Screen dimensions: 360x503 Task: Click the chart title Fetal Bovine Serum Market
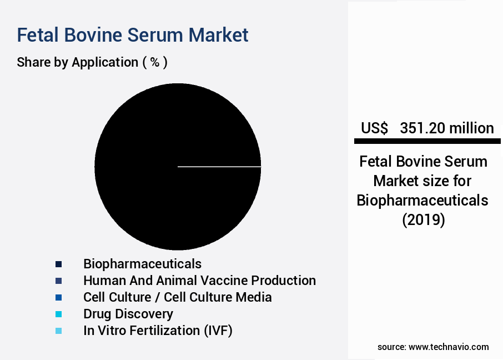point(133,35)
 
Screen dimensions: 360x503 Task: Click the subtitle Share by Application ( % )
point(92,62)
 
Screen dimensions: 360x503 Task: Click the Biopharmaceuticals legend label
point(142,263)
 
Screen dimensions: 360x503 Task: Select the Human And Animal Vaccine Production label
point(199,281)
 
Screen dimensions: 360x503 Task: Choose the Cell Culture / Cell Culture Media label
point(178,297)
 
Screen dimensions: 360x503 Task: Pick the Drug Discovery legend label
point(128,314)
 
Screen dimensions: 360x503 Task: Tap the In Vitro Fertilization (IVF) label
point(158,331)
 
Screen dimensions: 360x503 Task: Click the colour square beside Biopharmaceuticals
point(59,264)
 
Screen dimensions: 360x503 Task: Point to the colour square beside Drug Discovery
point(59,314)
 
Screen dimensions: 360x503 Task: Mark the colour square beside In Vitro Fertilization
point(59,331)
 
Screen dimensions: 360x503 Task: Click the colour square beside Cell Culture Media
point(59,297)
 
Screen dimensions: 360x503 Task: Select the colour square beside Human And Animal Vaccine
point(59,281)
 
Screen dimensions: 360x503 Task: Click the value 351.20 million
point(447,128)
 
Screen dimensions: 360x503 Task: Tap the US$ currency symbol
point(374,128)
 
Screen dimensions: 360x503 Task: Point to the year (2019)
point(423,219)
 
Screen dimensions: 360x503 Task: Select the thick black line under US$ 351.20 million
point(427,142)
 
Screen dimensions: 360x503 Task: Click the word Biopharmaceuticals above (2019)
point(422,200)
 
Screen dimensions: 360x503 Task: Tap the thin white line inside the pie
point(219,166)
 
